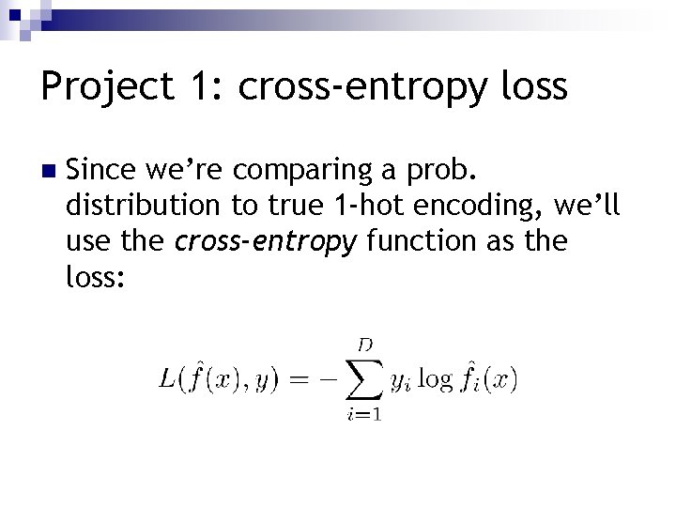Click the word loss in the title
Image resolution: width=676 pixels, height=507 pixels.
[x=534, y=87]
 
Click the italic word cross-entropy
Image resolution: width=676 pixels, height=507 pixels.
[x=266, y=241]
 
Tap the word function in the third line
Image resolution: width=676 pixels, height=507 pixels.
[x=413, y=241]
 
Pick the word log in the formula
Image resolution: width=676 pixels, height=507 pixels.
[x=434, y=380]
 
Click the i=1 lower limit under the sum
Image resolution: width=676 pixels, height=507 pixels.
[x=362, y=415]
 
